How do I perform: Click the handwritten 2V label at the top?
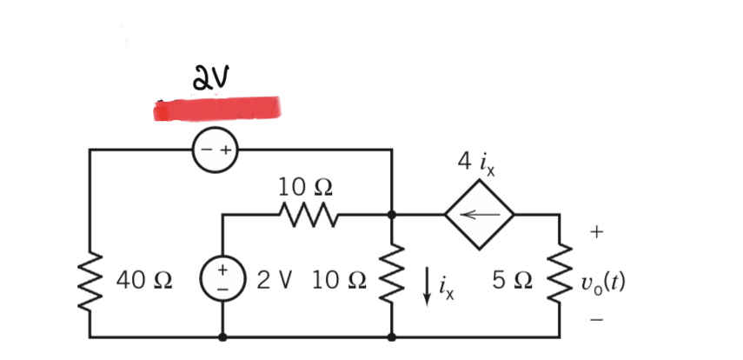pos(211,79)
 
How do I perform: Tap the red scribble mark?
pos(217,109)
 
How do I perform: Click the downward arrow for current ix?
pos(428,288)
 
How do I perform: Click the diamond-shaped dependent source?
pos(481,214)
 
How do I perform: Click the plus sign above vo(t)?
pos(596,232)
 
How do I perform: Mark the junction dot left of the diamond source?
pos(392,214)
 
